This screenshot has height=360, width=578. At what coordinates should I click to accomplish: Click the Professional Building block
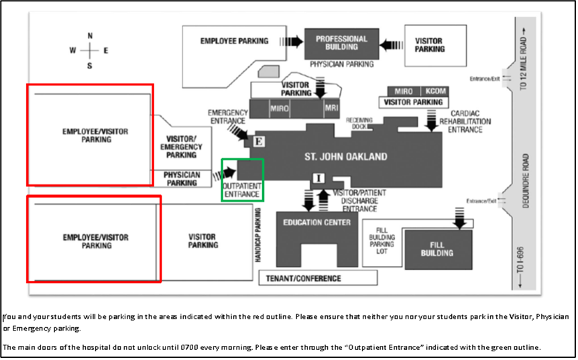click(x=341, y=43)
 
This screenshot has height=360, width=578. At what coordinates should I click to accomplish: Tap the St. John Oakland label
click(x=346, y=157)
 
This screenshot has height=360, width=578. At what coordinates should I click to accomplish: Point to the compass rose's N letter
click(x=90, y=36)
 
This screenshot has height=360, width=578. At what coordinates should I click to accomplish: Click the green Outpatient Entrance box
click(x=242, y=180)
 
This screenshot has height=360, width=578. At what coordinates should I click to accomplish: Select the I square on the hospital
click(x=319, y=178)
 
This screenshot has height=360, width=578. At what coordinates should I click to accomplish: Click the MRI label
click(x=331, y=108)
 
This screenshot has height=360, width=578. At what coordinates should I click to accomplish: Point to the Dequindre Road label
click(x=526, y=181)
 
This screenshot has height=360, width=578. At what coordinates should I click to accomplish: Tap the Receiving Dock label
click(x=359, y=123)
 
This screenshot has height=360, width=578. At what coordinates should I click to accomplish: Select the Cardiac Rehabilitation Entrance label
click(x=470, y=121)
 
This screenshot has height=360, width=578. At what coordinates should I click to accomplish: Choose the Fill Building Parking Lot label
click(x=382, y=240)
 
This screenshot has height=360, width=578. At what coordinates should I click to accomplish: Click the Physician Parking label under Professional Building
click(x=341, y=64)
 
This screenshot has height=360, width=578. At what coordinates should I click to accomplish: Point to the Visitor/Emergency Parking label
click(x=182, y=146)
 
